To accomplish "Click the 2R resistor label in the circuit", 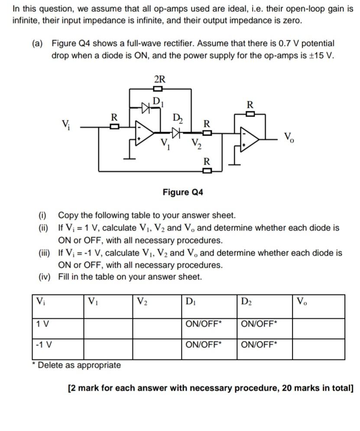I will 159,79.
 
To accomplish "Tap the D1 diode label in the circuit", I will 158,102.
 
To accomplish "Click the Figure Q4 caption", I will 182,192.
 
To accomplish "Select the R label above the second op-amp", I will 249,105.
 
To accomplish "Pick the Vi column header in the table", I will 42,301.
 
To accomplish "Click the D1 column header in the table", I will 190,301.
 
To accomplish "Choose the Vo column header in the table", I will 302,301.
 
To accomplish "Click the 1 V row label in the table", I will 43,323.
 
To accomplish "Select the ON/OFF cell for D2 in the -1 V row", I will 259,345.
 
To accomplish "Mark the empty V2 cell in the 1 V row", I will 156,328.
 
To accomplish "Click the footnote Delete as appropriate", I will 78,365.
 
